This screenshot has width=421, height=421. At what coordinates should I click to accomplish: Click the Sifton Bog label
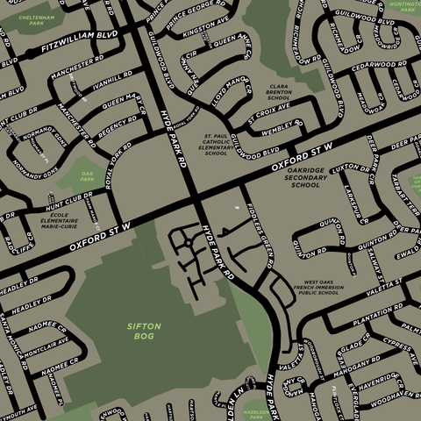(144, 331)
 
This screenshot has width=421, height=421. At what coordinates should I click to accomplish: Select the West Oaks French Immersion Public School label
(318, 287)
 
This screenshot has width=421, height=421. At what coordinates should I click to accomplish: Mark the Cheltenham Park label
(36, 19)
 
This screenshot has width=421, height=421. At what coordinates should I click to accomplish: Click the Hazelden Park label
(256, 413)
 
